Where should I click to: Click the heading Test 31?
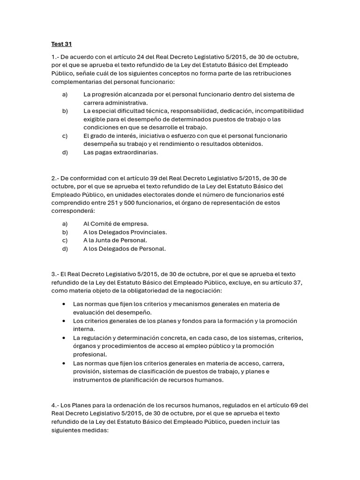(61, 45)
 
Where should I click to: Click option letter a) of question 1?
(65, 94)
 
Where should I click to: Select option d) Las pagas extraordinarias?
(120, 152)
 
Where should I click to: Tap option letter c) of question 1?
(65, 136)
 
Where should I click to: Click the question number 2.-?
(55, 178)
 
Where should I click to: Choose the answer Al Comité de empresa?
(116, 224)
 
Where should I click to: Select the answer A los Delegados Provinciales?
(125, 232)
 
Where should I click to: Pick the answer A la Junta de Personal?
(115, 240)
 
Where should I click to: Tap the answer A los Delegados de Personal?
(124, 249)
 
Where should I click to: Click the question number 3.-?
(55, 274)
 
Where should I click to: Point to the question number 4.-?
(55, 405)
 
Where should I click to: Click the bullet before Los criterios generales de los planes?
(64, 321)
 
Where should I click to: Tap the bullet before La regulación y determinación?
(64, 338)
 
